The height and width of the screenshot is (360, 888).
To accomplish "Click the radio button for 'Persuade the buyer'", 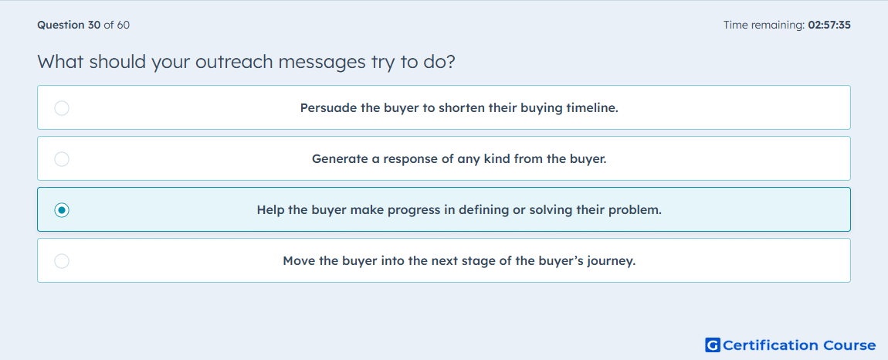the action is [x=62, y=107].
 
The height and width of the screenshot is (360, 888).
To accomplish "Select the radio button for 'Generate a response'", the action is [x=62, y=159].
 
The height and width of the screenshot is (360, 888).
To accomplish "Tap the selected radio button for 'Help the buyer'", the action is [x=62, y=210].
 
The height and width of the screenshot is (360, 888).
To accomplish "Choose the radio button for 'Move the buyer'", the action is [x=62, y=261].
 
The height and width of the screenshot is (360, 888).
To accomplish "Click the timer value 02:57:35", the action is [x=829, y=25].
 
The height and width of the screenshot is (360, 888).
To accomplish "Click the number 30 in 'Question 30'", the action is [x=94, y=25].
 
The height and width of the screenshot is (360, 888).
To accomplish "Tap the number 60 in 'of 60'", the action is [x=124, y=25].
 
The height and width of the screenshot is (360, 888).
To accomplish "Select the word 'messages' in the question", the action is [x=320, y=63].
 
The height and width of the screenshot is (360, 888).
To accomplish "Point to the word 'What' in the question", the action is [x=58, y=62].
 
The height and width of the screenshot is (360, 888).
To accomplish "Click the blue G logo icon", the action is [x=713, y=345].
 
